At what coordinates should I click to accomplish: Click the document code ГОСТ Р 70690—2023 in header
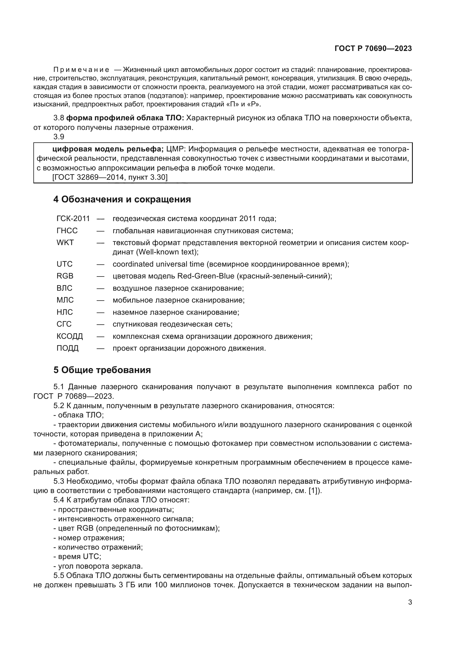pos(373,48)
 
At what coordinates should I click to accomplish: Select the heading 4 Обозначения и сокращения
pos(122,200)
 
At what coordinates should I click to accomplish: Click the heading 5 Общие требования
pos(102,370)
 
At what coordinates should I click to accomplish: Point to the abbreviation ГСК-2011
pos(73,219)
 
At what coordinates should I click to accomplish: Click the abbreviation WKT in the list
pos(65,243)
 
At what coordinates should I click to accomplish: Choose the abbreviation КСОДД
pos(70,336)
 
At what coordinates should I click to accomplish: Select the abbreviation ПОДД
pos(67,348)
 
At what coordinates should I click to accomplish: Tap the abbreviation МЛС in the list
pos(65,300)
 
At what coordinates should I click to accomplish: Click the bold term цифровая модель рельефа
pos(108,149)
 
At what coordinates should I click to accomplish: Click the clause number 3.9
pos(59,137)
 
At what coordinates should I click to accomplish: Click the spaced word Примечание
pos(81,70)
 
